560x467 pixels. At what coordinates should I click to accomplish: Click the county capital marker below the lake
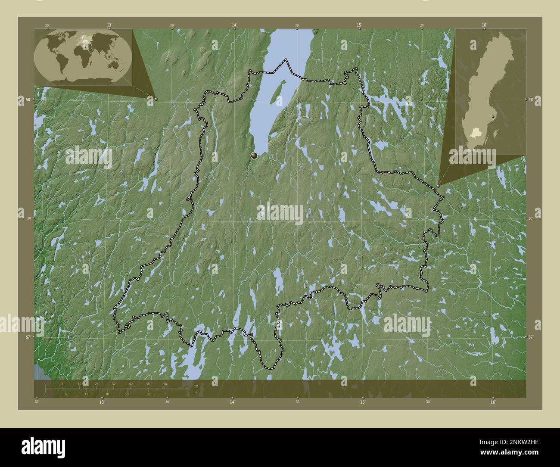pos(254,156)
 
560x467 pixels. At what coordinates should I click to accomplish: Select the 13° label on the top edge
pos(109,25)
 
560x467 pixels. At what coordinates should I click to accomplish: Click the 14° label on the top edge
pos(234,25)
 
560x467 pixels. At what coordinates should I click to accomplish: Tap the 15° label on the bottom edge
pos(363,402)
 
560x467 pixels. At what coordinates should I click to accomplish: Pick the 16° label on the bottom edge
pos(493,402)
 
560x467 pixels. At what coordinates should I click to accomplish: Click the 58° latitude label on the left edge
pos(28,100)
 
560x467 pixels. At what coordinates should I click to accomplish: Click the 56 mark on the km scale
pos(165,383)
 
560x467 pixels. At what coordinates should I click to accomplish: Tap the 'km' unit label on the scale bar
pos(196,386)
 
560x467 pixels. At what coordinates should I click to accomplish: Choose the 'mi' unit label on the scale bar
pos(195,392)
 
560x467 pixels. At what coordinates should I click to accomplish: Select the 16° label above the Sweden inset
pos(485,25)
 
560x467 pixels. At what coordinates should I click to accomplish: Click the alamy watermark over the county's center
pos(280,213)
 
